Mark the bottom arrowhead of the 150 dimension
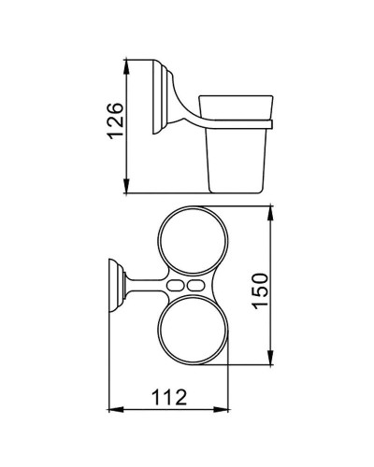tap(272, 362)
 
